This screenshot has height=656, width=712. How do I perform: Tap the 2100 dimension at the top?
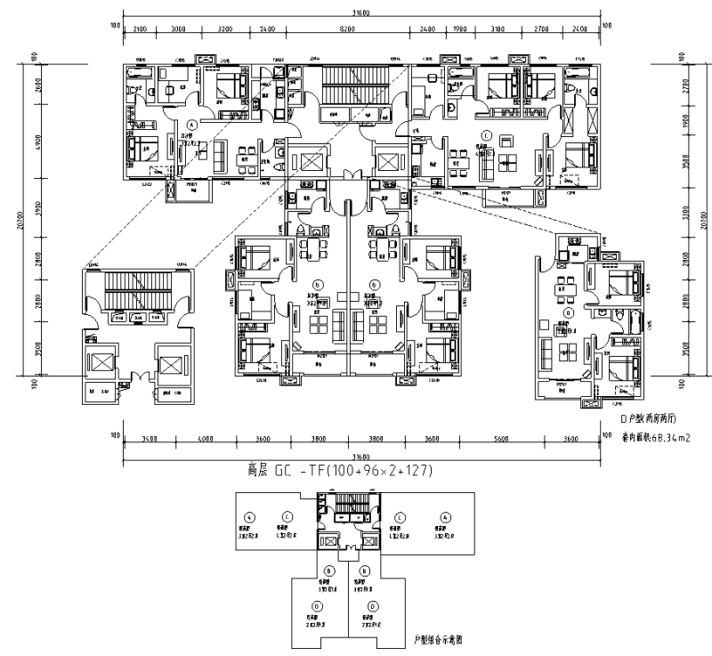pos(140,29)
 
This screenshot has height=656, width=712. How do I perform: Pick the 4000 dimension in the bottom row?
pos(206,440)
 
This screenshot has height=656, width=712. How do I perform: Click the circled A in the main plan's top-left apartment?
pos(192,126)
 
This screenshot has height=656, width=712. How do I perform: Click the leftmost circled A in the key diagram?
pos(250,515)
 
